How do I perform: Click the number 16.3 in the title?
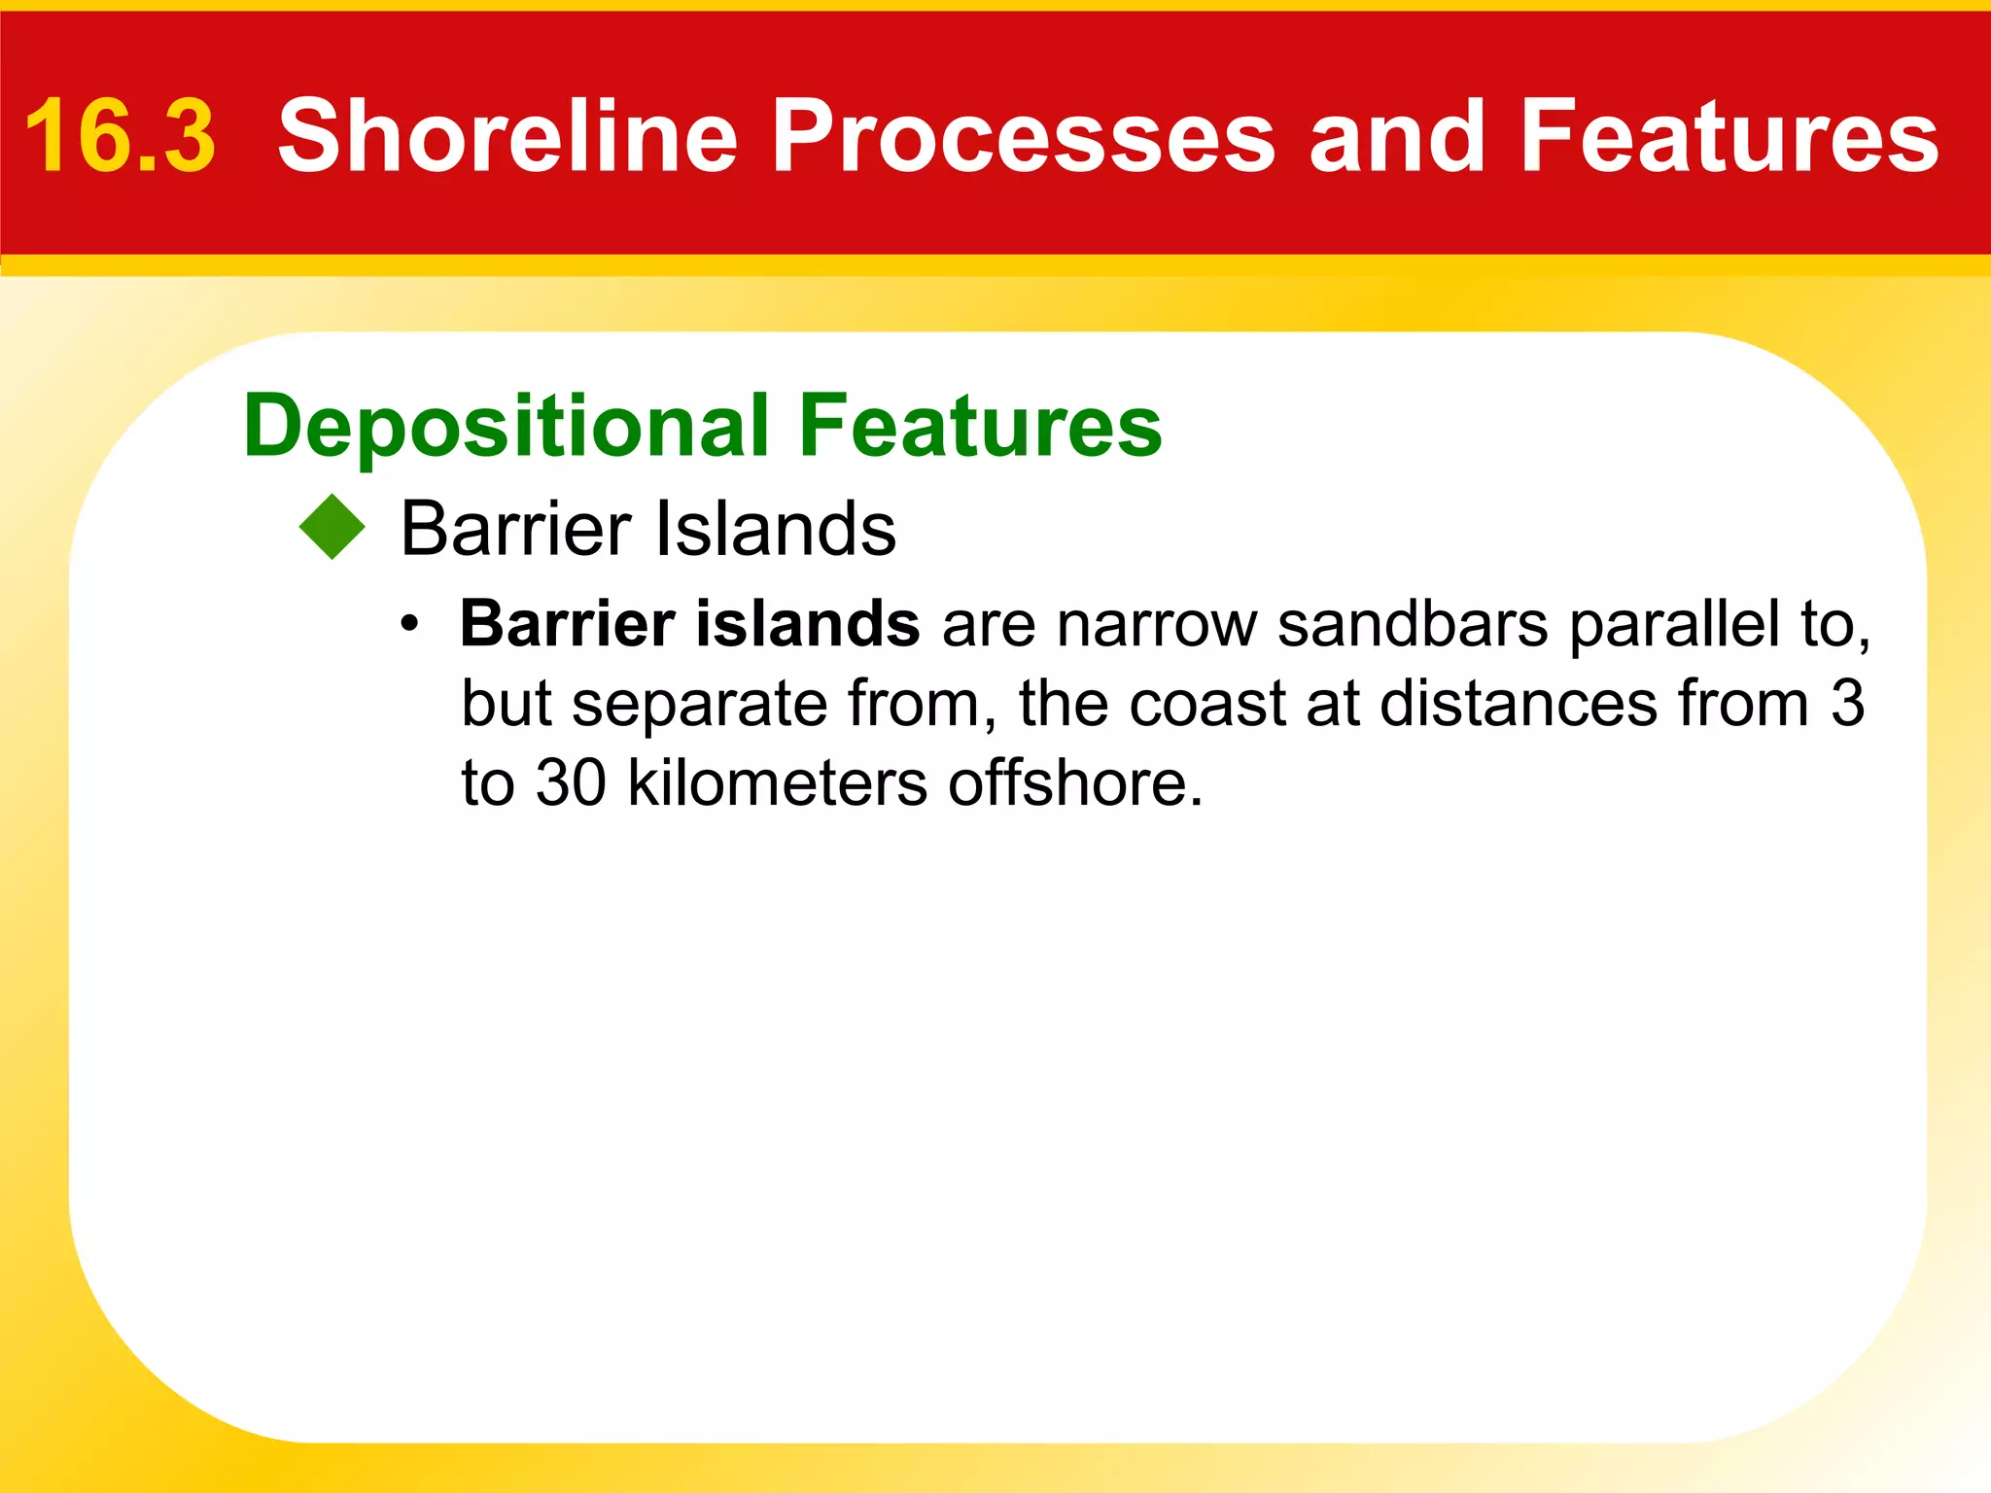120,137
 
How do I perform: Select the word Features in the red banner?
1729,137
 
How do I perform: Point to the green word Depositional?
506,428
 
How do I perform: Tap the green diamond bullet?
332,528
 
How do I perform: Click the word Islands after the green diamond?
775,529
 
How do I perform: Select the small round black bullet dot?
411,624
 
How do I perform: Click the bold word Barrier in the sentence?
568,624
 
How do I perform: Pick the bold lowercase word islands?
808,624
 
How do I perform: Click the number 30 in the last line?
572,783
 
